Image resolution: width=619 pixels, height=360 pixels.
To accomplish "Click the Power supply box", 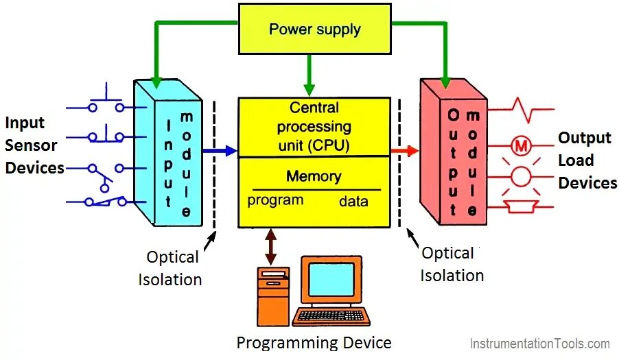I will pos(315,29).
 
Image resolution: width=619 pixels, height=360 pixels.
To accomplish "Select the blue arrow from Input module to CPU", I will pos(221,151).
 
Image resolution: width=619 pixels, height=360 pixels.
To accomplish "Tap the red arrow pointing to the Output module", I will pos(405,151).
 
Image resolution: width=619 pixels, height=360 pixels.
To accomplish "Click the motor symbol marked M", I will pos(521,145).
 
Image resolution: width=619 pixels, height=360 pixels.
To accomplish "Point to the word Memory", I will pos(314,176).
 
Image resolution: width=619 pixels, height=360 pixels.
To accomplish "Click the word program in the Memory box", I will pos(275,200).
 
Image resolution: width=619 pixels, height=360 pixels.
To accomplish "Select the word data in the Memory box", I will pos(353,202).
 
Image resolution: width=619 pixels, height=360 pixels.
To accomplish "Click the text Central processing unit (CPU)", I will pos(314,127).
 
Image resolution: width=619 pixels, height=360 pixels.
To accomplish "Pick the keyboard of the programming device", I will pos(331,316).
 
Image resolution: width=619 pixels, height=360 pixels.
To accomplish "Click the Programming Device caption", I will pos(314,343).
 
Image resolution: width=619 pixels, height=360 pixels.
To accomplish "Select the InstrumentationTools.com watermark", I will pos(539,344).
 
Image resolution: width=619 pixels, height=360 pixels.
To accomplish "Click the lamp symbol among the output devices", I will pos(521,176).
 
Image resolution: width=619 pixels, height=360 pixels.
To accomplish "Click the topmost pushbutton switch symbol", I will pos(106,101).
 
